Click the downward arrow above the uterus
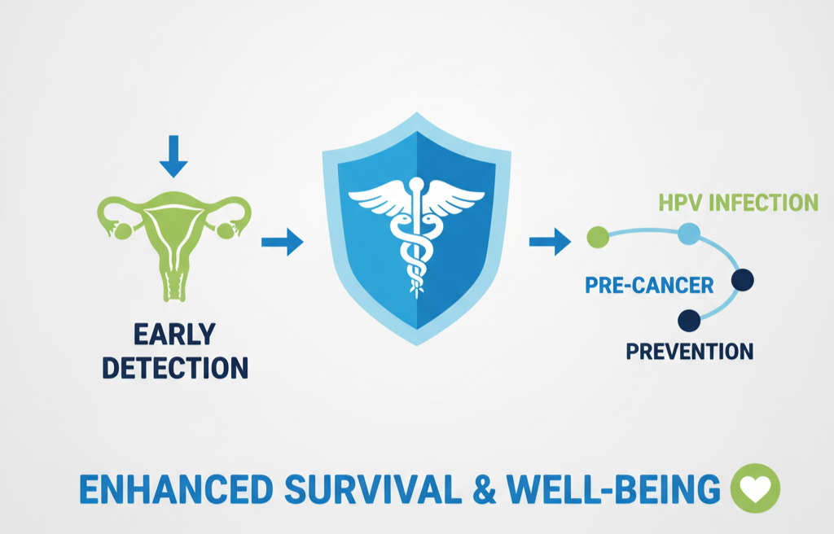pos(173,156)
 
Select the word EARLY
pos(174,334)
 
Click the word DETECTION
pos(174,367)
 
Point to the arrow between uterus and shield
pos(282,242)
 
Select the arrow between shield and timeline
pos(550,241)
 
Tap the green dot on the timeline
pos(598,237)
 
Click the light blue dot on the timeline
pos(688,234)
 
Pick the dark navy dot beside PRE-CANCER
pos(742,281)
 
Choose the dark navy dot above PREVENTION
pos(688,321)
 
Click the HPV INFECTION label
pos(738,202)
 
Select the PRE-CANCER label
pos(649,285)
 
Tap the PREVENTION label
pos(689,352)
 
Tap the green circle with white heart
pos(756,488)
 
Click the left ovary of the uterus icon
pos(124,231)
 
